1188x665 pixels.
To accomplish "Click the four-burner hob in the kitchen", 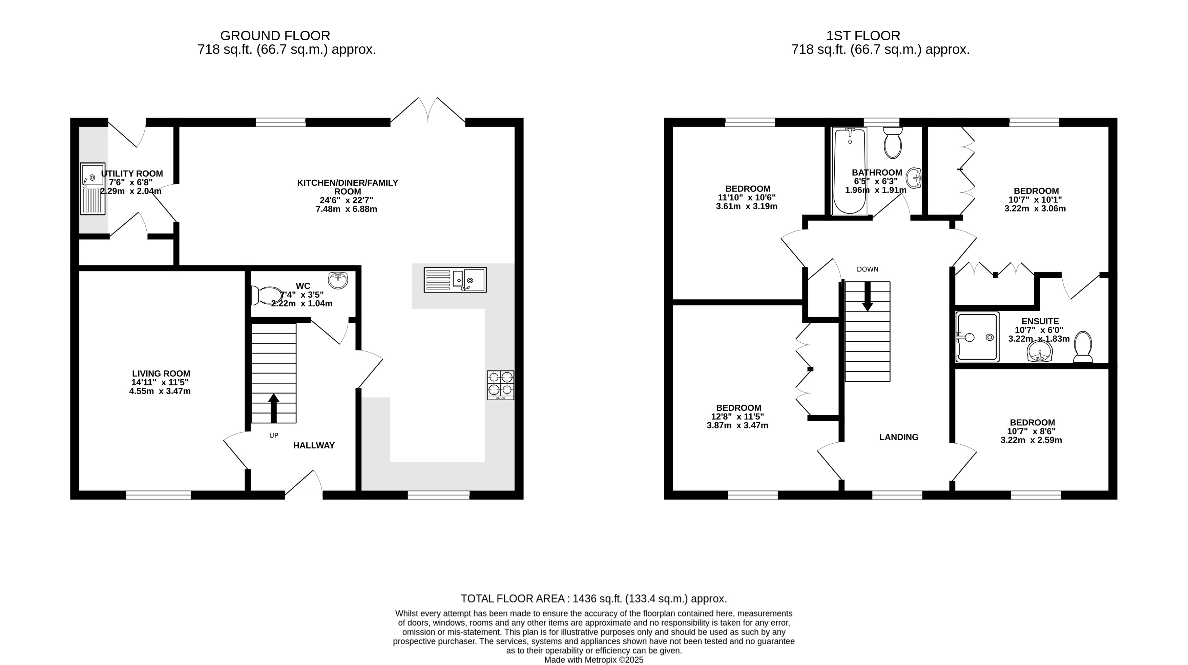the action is pyautogui.click(x=500, y=385).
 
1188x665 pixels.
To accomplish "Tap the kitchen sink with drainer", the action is pyautogui.click(x=455, y=280).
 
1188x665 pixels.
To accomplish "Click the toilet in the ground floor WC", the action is pyautogui.click(x=267, y=295).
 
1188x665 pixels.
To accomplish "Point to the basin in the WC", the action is pyautogui.click(x=338, y=280).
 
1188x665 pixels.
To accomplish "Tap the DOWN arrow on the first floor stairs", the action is pyautogui.click(x=868, y=296).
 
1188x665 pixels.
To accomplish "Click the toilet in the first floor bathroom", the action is pyautogui.click(x=893, y=143).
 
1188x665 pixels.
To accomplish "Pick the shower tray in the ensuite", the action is pyautogui.click(x=978, y=337).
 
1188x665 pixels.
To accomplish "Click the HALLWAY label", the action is pyautogui.click(x=314, y=445).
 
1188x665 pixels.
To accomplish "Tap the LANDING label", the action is pyautogui.click(x=899, y=437).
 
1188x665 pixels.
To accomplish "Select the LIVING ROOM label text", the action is pyautogui.click(x=161, y=373).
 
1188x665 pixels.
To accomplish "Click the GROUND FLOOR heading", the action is pyautogui.click(x=275, y=36).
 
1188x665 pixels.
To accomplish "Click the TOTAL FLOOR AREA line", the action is pyautogui.click(x=594, y=599).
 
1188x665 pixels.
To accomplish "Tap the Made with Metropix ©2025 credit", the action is pyautogui.click(x=594, y=660).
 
